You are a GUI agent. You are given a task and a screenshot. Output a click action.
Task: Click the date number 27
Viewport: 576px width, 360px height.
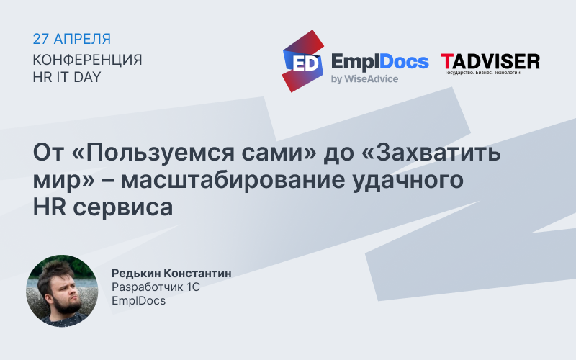pyautogui.click(x=42, y=39)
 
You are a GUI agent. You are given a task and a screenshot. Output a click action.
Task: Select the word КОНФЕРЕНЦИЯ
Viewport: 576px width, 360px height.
pyautogui.click(x=87, y=59)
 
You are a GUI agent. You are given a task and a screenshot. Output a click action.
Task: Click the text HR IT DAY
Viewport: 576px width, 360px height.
pyautogui.click(x=67, y=76)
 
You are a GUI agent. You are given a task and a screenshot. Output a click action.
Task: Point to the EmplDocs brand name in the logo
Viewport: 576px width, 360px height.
pyautogui.click(x=379, y=61)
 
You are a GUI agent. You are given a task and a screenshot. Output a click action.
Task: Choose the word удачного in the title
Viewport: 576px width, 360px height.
pyautogui.click(x=420, y=180)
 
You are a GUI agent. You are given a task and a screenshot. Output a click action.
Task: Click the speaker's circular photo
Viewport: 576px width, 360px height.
pyautogui.click(x=62, y=287)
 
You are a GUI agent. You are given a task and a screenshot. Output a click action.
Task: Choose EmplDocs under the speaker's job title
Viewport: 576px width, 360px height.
pyautogui.click(x=138, y=300)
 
